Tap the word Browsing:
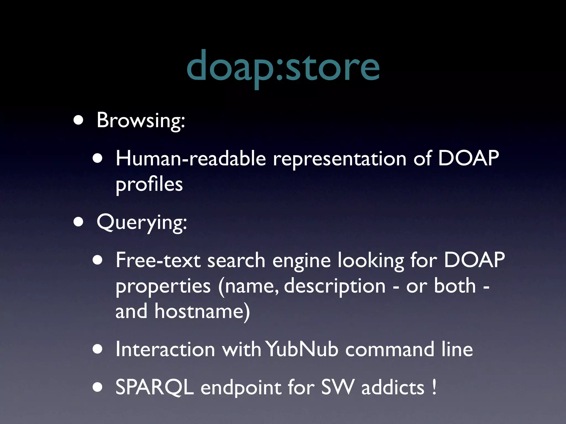click(141, 121)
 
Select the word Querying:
click(142, 222)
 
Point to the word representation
click(340, 159)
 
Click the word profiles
click(149, 184)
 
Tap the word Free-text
click(158, 260)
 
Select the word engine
click(302, 261)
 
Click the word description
click(335, 286)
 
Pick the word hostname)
click(202, 311)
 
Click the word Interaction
click(165, 349)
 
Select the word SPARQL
click(154, 387)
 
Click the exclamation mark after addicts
click(434, 387)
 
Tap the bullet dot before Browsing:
click(78, 120)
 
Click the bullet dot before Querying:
click(78, 222)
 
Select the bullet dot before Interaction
click(98, 349)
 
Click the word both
click(455, 286)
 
